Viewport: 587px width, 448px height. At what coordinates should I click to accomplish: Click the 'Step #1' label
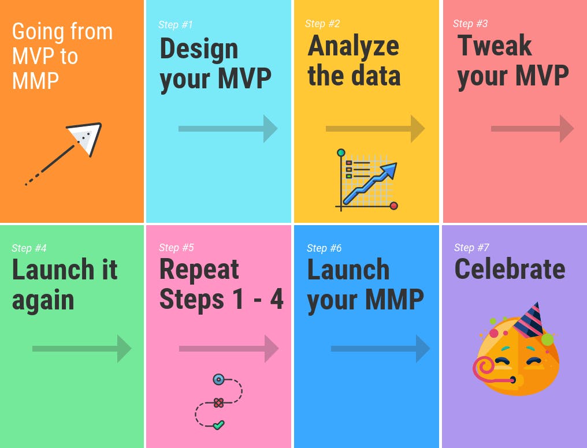[175, 25]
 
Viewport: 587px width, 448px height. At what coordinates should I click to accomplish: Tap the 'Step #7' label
[471, 248]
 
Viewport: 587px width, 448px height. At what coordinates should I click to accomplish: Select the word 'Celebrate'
[510, 269]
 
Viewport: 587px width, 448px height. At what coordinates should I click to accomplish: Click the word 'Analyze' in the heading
[354, 46]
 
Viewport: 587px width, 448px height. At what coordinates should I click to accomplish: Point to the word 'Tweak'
[495, 45]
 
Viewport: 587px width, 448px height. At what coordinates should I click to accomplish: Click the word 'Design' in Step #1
[199, 50]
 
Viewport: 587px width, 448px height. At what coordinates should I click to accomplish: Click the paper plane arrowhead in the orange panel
[86, 137]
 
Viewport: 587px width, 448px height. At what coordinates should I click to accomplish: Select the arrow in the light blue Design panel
[228, 129]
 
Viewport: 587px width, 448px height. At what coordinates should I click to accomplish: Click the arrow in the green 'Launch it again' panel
[81, 349]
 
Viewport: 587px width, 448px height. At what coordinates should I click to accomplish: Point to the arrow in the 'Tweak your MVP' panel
[532, 129]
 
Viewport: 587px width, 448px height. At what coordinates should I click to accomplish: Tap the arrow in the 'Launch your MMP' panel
[380, 349]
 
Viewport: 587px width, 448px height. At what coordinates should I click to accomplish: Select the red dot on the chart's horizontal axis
[393, 206]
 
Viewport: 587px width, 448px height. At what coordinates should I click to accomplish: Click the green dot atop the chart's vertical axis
[341, 152]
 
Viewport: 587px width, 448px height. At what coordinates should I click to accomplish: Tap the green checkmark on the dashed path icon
[218, 425]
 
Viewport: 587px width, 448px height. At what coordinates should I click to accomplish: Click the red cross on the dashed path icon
[218, 403]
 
